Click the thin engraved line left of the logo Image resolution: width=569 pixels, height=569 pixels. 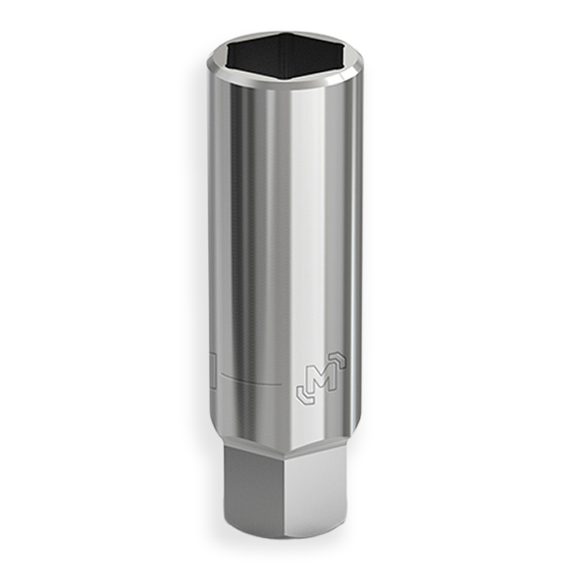[x=250, y=384]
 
